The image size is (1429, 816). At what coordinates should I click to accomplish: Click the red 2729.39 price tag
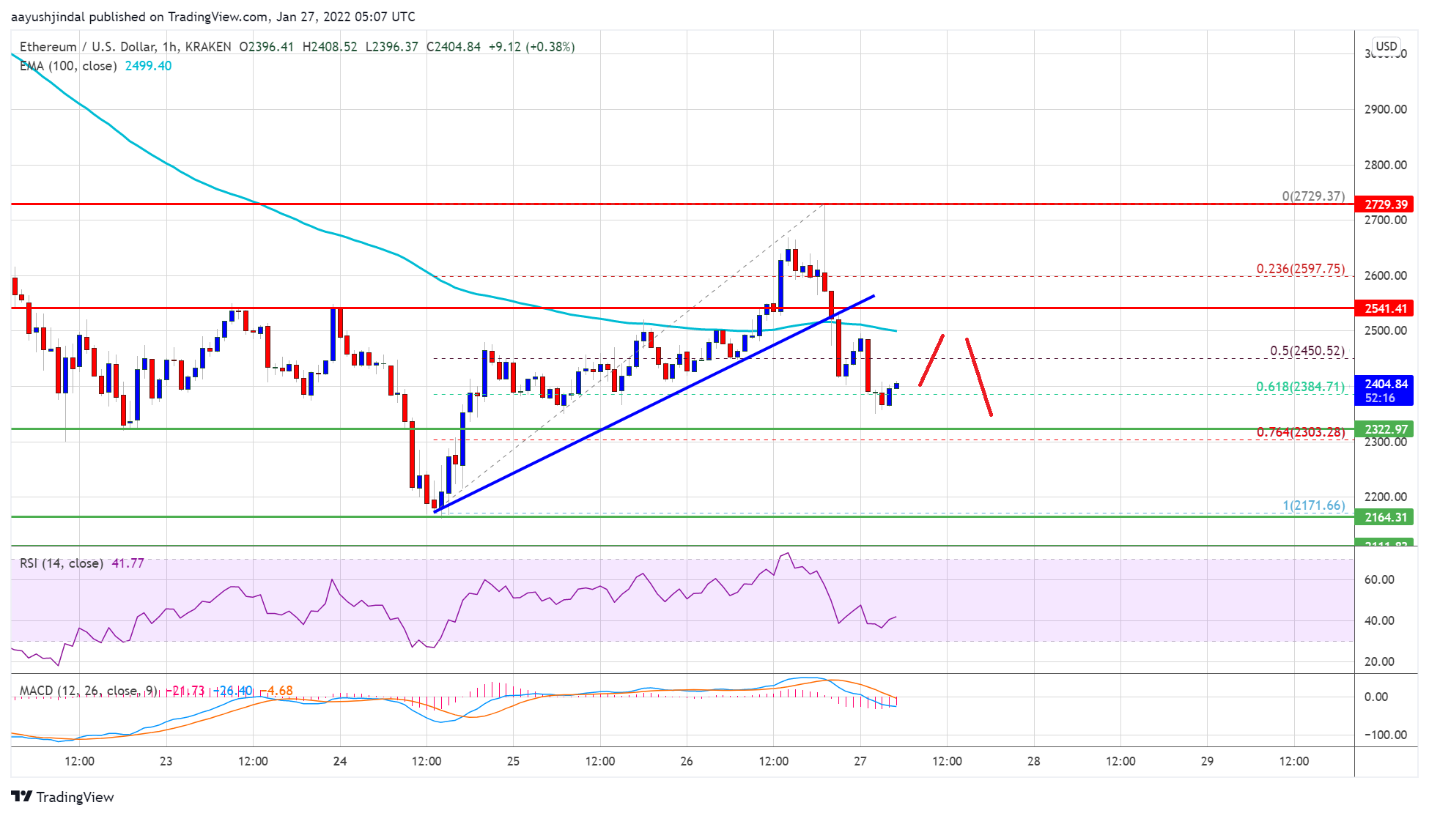pos(1384,204)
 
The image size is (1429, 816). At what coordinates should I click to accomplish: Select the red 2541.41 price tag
pos(1384,308)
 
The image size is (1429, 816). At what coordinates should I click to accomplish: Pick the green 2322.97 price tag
pos(1384,429)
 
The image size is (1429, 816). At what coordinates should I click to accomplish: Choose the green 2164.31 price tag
pos(1384,517)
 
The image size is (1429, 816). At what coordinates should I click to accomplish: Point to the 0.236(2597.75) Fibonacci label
pos(1300,269)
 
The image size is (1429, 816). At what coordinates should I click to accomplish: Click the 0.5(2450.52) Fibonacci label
pos(1307,351)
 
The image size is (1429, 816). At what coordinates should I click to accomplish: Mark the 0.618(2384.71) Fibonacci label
pos(1300,387)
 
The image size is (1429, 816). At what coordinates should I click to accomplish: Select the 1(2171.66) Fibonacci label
pos(1313,505)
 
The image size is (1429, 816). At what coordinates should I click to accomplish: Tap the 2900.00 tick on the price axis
pos(1385,109)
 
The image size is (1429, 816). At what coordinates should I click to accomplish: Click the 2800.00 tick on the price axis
pos(1385,165)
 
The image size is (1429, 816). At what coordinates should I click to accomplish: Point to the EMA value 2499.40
pos(148,66)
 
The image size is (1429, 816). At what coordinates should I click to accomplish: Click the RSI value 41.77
pos(128,563)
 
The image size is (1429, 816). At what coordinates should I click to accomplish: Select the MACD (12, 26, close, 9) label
pos(88,691)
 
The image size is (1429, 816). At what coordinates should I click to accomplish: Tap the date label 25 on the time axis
pos(513,761)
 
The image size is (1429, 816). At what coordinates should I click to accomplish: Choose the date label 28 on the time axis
pos(1033,761)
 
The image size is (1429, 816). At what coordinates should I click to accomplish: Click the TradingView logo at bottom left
pos(63,797)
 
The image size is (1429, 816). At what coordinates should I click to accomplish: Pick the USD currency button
pos(1386,46)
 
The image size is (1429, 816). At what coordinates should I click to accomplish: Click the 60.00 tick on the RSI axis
pos(1378,579)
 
